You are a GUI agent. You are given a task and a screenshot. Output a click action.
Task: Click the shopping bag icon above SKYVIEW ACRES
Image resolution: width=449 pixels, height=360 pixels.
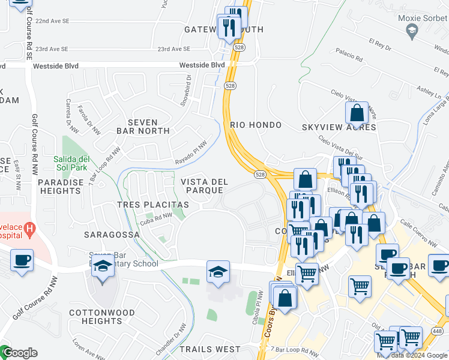pyautogui.click(x=357, y=113)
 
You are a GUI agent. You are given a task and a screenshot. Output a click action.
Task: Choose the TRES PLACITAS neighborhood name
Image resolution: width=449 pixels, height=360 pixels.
pyautogui.click(x=153, y=205)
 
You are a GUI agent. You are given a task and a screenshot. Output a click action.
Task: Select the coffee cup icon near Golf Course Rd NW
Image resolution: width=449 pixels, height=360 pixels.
pyautogui.click(x=22, y=261)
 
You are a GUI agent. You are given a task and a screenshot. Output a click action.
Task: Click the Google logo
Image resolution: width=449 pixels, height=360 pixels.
pyautogui.click(x=19, y=353)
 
